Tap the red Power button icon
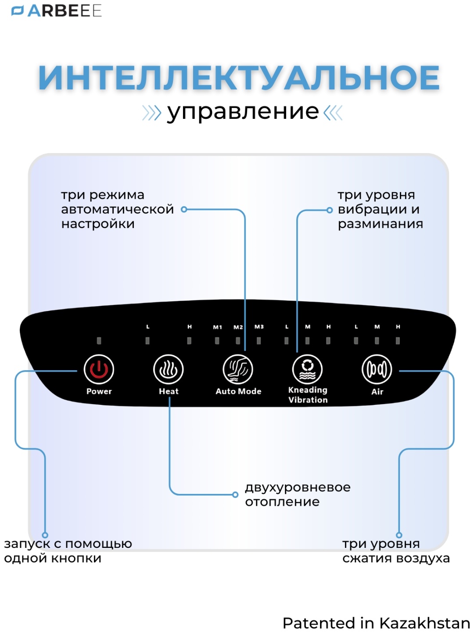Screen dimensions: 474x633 pos(99,369)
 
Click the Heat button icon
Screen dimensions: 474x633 pos(168,369)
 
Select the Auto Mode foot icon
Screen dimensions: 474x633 pos(238,369)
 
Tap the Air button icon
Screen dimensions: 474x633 pos(377,369)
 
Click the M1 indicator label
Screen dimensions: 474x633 pos(218,327)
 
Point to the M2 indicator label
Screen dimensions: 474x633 pos(238,327)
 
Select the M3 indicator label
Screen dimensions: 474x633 pos(259,327)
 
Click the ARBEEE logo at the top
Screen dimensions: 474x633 pos(57,11)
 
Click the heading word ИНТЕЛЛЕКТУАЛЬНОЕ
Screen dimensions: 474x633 pos(239,78)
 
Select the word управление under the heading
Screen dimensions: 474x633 pos(243,112)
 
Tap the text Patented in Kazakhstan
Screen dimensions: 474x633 pos(376,623)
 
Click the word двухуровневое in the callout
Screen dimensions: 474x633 pos(298,487)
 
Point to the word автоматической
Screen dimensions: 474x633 pos(118,209)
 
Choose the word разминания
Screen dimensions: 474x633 pos(380,224)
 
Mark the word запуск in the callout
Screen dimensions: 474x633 pos(26,544)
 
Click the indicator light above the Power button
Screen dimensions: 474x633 pos(99,340)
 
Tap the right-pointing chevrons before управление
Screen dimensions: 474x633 pos(152,113)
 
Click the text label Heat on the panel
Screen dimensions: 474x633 pos(169,391)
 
